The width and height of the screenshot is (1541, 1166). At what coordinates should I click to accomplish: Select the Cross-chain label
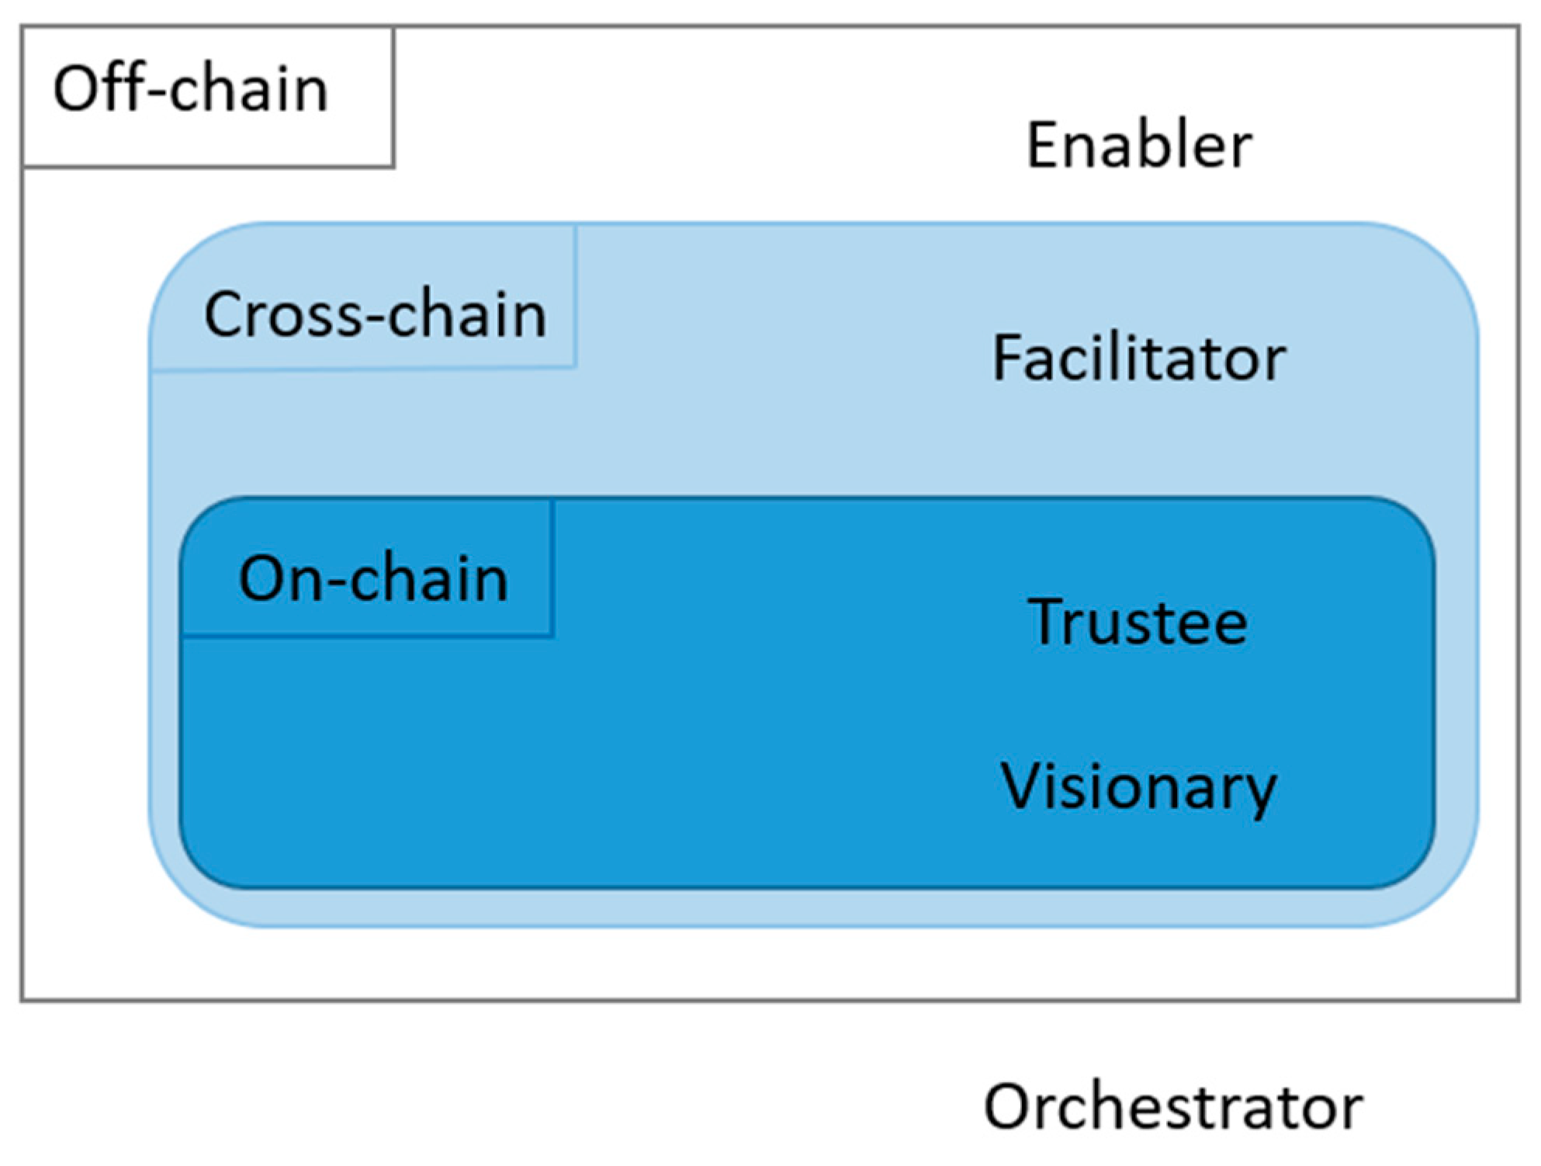pos(375,314)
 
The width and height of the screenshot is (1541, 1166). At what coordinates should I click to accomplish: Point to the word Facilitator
pos(1138,359)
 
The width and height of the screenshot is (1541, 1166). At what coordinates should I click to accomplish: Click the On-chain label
pos(373,579)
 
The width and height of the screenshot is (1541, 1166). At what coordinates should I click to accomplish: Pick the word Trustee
pos(1138,623)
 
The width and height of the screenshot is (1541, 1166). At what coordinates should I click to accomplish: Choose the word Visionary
pos(1138,786)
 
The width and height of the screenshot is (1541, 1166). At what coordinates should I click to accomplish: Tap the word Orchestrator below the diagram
pos(1172,1107)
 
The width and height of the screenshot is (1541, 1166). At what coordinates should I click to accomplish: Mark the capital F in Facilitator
pos(1008,359)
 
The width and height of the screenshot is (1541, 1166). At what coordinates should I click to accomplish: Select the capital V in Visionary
pos(1023,786)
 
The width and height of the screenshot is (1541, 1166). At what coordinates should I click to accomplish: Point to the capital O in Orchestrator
pos(1011,1107)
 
